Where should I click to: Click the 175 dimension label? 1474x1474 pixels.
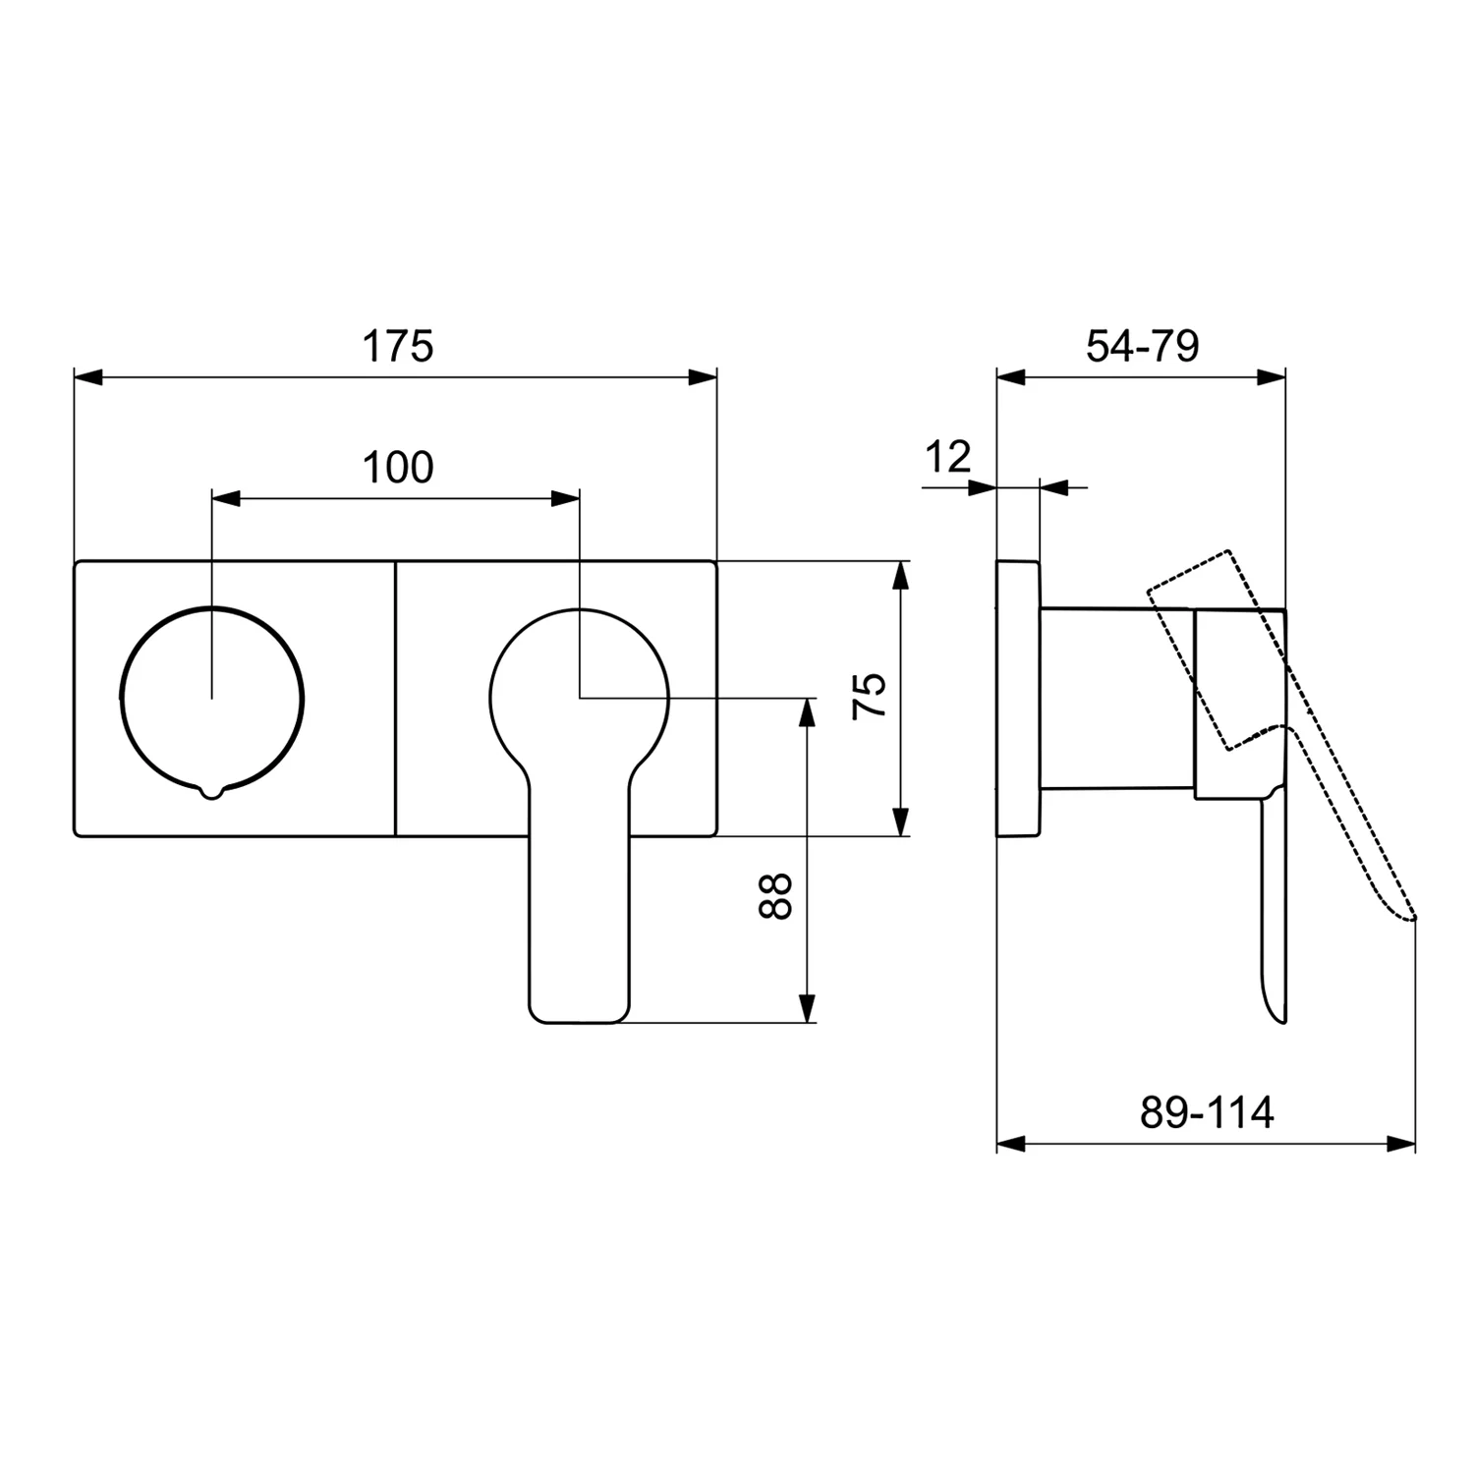398,346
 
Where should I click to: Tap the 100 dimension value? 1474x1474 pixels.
398,468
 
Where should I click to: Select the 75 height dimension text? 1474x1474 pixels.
870,697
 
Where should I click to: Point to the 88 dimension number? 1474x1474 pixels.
775,896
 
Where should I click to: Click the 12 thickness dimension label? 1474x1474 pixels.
948,457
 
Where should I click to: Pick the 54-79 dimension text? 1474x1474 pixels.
1143,346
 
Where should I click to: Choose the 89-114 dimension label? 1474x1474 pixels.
1207,1112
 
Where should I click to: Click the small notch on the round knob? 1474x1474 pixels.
211,792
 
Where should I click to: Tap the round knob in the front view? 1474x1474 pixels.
211,699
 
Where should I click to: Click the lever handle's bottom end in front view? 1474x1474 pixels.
579,1022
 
